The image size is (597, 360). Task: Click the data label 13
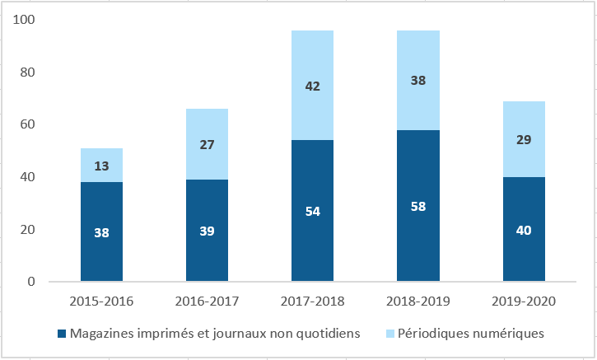pyautogui.click(x=101, y=166)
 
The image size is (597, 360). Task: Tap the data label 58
pyautogui.click(x=417, y=205)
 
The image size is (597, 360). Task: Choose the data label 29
pyautogui.click(x=523, y=140)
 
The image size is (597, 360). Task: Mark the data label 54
pyautogui.click(x=312, y=212)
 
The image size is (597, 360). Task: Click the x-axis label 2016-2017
pyautogui.click(x=207, y=302)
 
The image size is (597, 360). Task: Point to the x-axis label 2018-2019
pyautogui.click(x=417, y=302)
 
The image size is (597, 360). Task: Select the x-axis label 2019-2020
pyautogui.click(x=523, y=302)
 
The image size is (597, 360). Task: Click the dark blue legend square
pyautogui.click(x=62, y=334)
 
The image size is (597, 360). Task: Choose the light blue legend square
pyautogui.click(x=389, y=334)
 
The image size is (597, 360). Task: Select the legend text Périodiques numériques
pyautogui.click(x=471, y=334)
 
